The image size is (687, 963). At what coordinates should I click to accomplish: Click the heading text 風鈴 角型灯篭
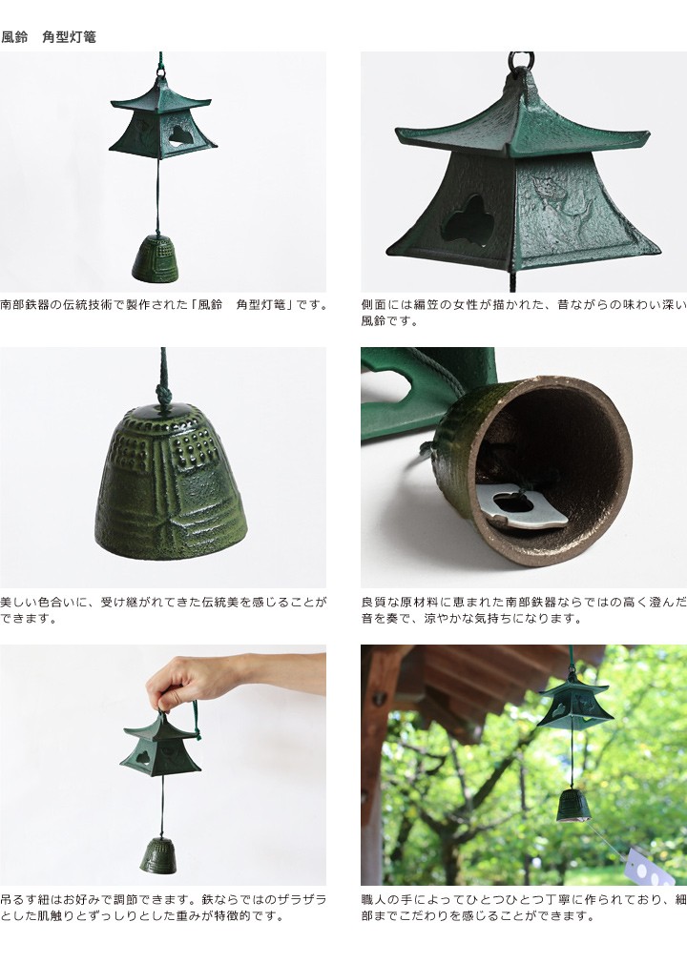coord(49,37)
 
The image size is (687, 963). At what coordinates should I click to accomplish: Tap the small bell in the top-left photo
coord(156,258)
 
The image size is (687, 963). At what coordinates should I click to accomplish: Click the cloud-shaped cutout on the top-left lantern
coord(178,135)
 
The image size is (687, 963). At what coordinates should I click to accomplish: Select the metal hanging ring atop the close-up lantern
coord(521,61)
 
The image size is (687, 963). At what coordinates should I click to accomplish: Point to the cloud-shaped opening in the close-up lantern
coord(469,220)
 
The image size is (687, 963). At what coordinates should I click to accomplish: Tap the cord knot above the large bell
coord(163,392)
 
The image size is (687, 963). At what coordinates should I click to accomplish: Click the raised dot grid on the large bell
coord(196,440)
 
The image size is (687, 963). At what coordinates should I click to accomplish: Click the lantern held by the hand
coord(161,747)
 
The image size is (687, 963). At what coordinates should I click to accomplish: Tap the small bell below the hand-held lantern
coord(158,855)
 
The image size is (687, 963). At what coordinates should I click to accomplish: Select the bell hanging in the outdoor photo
coord(573,805)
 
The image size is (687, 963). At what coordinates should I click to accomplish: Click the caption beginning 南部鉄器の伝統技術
coord(164,304)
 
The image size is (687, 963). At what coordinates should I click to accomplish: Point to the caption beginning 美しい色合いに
coord(163,610)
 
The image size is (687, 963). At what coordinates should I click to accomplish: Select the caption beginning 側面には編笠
coord(524,313)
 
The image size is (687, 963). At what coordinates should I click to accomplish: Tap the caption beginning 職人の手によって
coord(524,908)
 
